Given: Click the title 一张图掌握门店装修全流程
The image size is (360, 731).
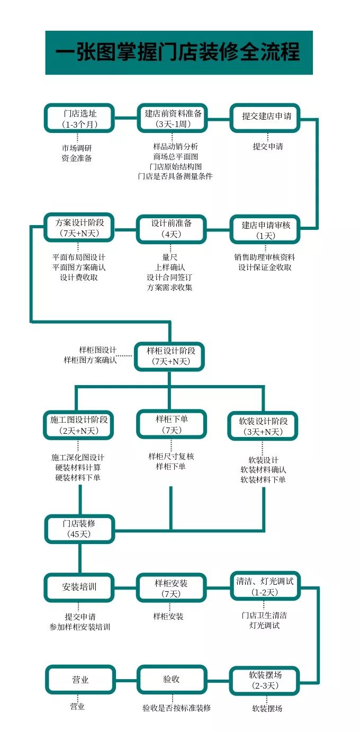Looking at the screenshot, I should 178,52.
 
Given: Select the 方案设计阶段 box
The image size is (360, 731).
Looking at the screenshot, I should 79,228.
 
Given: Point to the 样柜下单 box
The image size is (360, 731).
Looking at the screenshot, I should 171,424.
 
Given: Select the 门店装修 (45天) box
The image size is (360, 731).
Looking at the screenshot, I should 79,528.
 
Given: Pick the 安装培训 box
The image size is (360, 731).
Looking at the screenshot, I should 79,587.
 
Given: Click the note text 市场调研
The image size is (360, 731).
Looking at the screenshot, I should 77,148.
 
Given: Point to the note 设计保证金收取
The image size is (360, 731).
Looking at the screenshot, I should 265,267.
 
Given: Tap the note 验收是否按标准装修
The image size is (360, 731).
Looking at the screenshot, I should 176,708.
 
